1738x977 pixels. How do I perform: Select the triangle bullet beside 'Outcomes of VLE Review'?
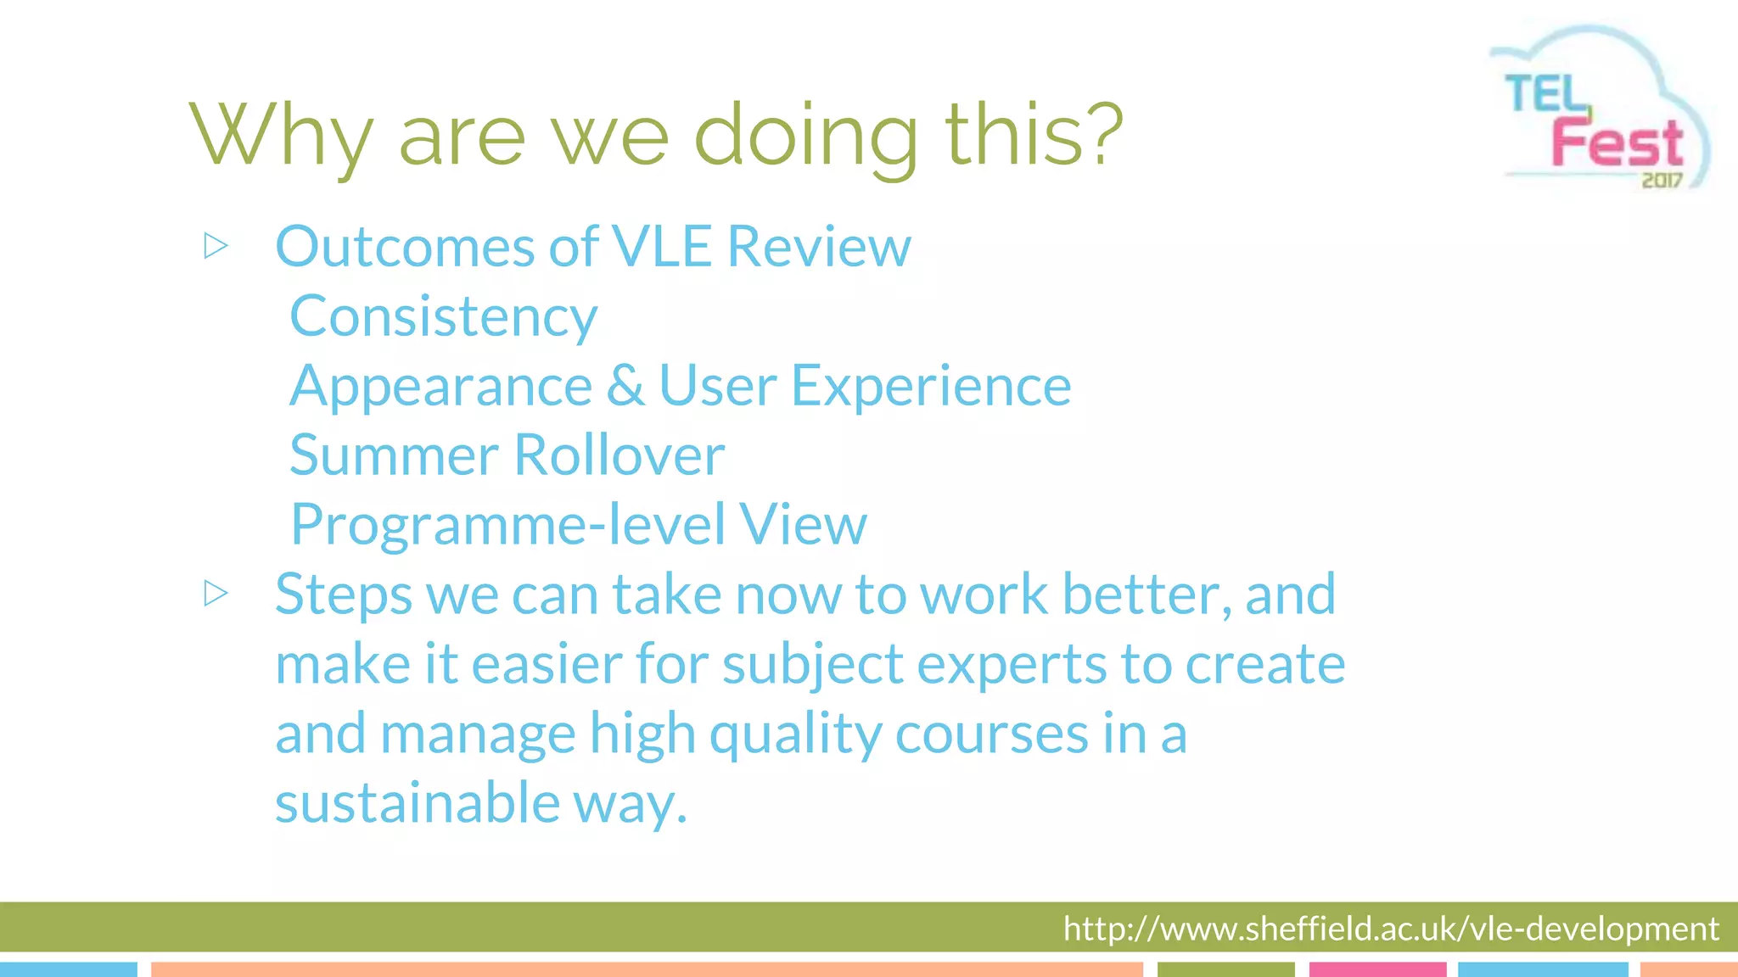click(x=216, y=247)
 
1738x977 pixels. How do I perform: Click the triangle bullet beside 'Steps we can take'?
click(x=216, y=594)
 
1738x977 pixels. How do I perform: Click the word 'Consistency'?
click(x=443, y=317)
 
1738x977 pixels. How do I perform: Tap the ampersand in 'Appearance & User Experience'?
click(x=625, y=386)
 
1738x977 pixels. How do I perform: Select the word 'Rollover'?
click(x=620, y=455)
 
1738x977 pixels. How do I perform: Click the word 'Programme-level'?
click(x=507, y=525)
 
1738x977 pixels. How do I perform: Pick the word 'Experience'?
click(x=931, y=386)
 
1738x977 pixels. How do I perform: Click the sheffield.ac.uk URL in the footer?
click(x=1390, y=929)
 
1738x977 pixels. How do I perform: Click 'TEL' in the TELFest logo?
click(x=1545, y=94)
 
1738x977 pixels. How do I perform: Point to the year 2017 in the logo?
click(x=1661, y=180)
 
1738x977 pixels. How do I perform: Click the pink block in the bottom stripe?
click(x=1377, y=969)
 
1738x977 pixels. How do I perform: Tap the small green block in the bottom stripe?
click(x=1225, y=969)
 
